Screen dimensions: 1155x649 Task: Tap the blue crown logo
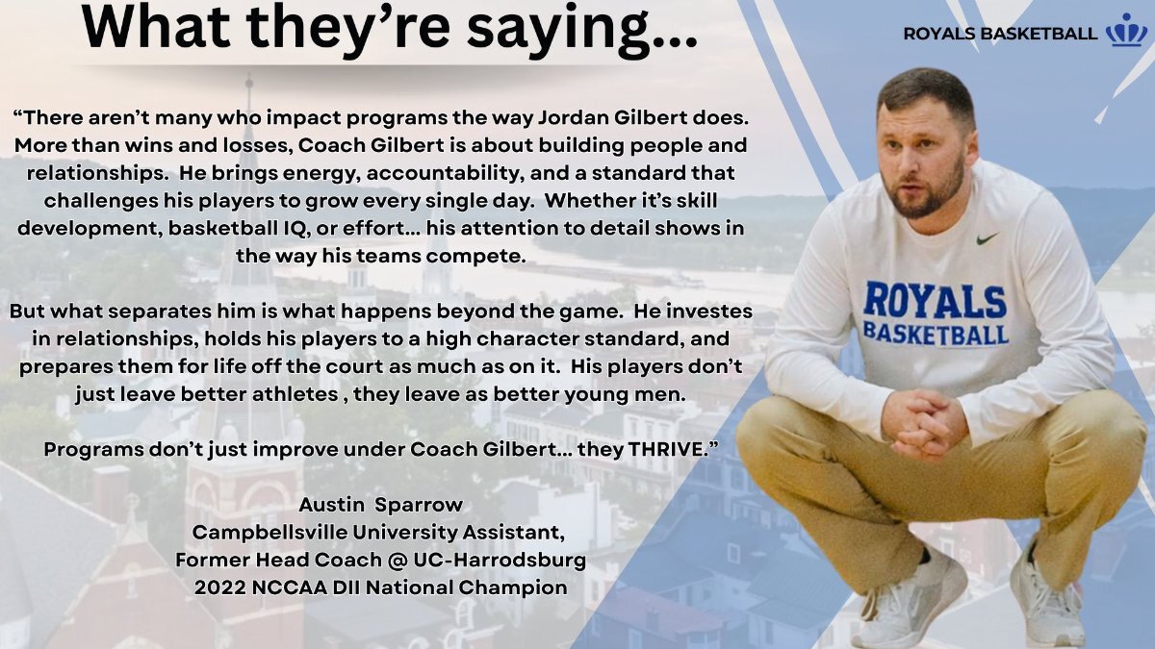pyautogui.click(x=1127, y=31)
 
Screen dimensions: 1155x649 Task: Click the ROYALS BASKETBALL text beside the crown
pyautogui.click(x=1000, y=34)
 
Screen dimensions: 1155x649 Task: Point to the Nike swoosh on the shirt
pyautogui.click(x=987, y=238)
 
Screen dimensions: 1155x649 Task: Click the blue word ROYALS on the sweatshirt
pyautogui.click(x=935, y=300)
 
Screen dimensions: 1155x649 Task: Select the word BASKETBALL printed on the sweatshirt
pyautogui.click(x=936, y=335)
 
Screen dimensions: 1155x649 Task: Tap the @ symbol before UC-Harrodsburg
pyautogui.click(x=398, y=561)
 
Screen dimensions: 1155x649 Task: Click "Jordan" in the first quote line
pyautogui.click(x=573, y=118)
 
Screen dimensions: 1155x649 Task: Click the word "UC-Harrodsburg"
pyautogui.click(x=500, y=561)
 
